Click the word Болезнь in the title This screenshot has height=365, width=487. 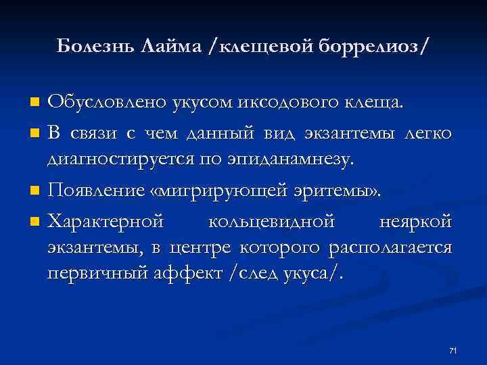pyautogui.click(x=93, y=46)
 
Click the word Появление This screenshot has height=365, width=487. pyautogui.click(x=93, y=191)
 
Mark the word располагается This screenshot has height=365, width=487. pyautogui.click(x=390, y=248)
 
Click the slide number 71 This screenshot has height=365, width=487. pyautogui.click(x=453, y=350)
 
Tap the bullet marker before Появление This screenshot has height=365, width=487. pyautogui.click(x=35, y=191)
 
